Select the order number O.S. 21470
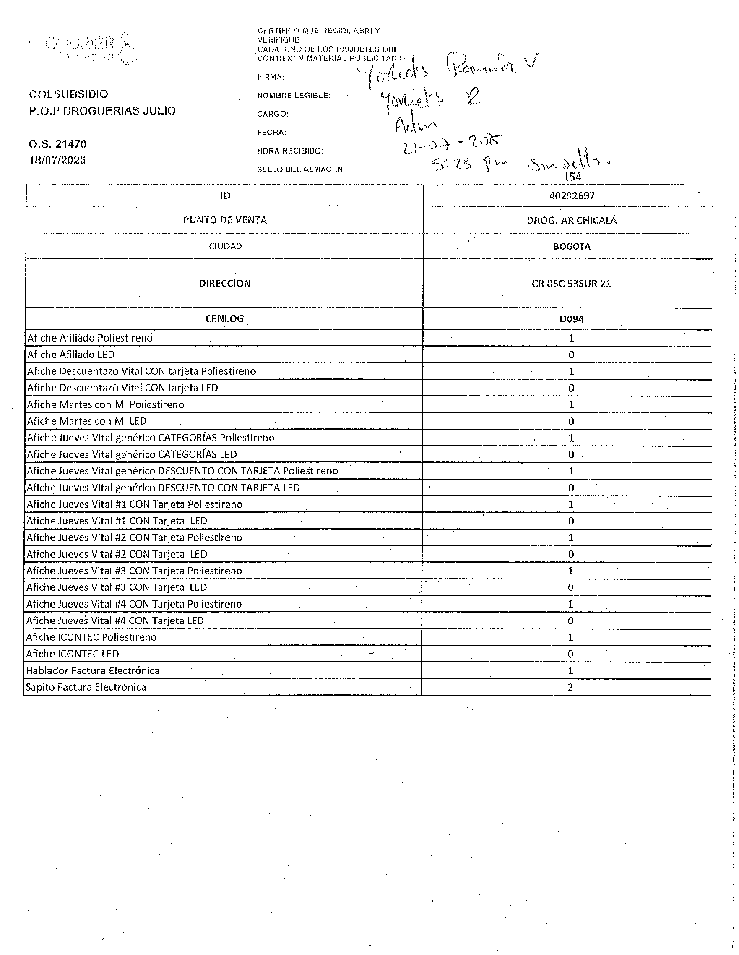pyautogui.click(x=58, y=144)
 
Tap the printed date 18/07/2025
pyautogui.click(x=58, y=160)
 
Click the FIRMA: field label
pyautogui.click(x=271, y=77)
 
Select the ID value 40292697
pyautogui.click(x=571, y=196)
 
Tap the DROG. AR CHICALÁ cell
pyautogui.click(x=571, y=220)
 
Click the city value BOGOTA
pyautogui.click(x=571, y=247)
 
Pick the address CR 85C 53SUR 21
pyautogui.click(x=571, y=284)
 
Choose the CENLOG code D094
pyautogui.click(x=571, y=319)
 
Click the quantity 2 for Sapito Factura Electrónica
pyautogui.click(x=570, y=687)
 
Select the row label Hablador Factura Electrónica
pyautogui.click(x=93, y=671)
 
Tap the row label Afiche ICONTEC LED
pyautogui.click(x=72, y=654)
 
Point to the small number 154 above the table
pyautogui.click(x=572, y=177)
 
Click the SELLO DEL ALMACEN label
pyautogui.click(x=300, y=169)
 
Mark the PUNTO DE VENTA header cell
pyautogui.click(x=225, y=220)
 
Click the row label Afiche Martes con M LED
pyautogui.click(x=86, y=421)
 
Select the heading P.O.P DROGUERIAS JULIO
pyautogui.click(x=103, y=110)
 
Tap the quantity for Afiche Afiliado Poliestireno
pyautogui.click(x=571, y=338)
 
